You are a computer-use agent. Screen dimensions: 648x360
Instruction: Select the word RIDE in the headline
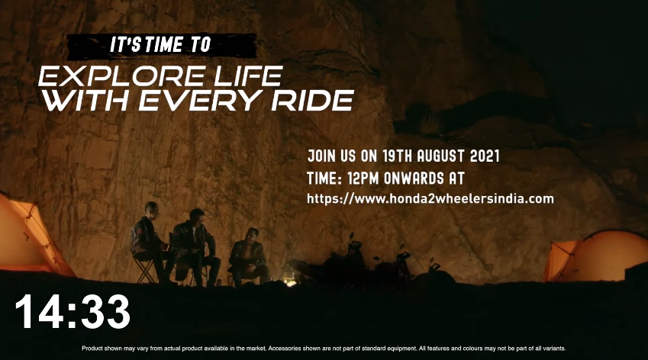[x=312, y=101]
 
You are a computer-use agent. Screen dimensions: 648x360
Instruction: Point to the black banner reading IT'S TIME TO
[x=162, y=45]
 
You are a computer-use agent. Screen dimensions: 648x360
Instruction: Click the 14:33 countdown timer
[x=73, y=312]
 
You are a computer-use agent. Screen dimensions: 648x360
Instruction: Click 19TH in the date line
[x=397, y=156]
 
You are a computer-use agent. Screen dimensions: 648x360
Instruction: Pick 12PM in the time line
[x=363, y=178]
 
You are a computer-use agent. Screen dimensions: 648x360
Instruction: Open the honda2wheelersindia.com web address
[x=430, y=199]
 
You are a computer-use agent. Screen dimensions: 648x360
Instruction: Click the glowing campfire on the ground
[x=290, y=282]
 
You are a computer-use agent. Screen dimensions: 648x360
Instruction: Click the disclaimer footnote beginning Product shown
[x=324, y=349]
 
